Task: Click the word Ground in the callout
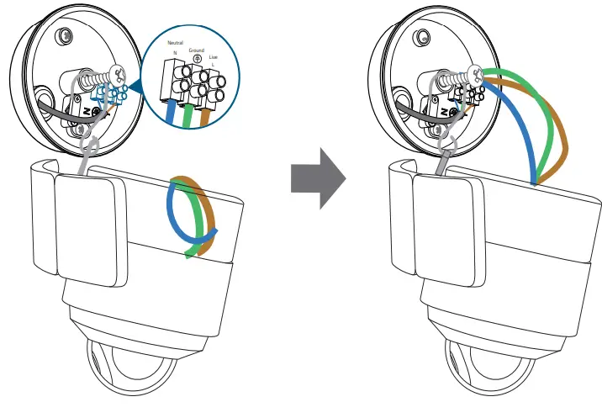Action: tap(197, 50)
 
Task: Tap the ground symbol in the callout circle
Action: tap(197, 58)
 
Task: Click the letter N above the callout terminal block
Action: tap(175, 53)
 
